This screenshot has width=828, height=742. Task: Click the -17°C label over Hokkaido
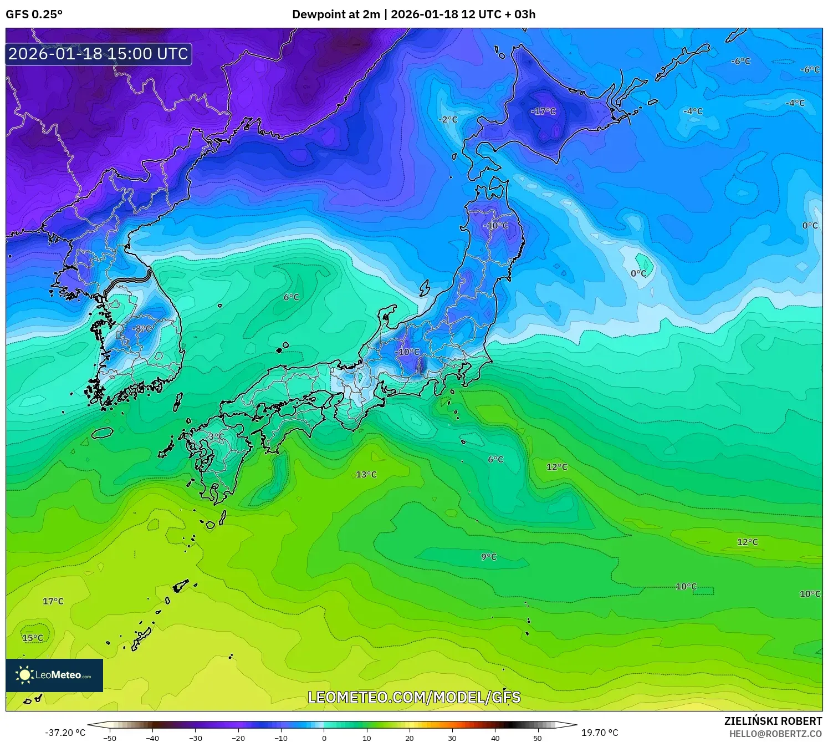tap(543, 111)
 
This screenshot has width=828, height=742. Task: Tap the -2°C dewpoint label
tap(448, 120)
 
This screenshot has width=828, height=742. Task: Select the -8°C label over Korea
tap(141, 329)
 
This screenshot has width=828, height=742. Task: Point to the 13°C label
tap(366, 475)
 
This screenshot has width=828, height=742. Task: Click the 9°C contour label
tap(488, 557)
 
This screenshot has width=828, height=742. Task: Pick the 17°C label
tap(53, 601)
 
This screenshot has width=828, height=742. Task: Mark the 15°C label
tap(33, 638)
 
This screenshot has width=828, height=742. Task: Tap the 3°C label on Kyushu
tap(216, 437)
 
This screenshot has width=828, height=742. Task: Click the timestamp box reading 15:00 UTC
tap(99, 54)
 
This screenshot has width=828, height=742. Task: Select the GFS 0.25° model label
tap(34, 14)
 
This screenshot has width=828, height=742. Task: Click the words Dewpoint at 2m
tap(335, 14)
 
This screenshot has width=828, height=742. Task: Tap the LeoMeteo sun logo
tap(24, 675)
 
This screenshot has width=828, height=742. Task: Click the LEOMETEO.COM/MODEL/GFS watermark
tap(414, 697)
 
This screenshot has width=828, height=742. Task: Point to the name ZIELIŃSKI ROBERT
tap(773, 721)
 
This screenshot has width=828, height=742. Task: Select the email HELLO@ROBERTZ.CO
tap(775, 734)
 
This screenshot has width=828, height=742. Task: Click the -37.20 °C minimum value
tap(65, 733)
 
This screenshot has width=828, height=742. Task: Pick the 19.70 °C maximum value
tap(600, 733)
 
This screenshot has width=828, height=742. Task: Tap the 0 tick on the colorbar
tap(324, 738)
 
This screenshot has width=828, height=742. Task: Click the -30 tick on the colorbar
tap(196, 738)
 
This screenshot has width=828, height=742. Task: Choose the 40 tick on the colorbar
tap(495, 738)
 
